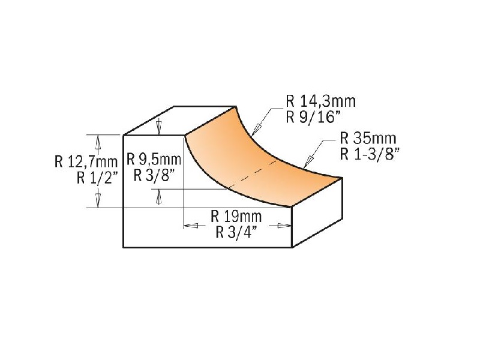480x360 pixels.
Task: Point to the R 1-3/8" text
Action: coord(370,154)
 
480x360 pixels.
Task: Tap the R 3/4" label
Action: coord(237,232)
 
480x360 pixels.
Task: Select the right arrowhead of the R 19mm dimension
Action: coord(285,226)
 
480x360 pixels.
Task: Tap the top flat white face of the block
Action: coord(180,121)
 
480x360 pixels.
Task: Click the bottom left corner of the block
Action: coord(123,247)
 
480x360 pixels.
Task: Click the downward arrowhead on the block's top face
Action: coord(158,129)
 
